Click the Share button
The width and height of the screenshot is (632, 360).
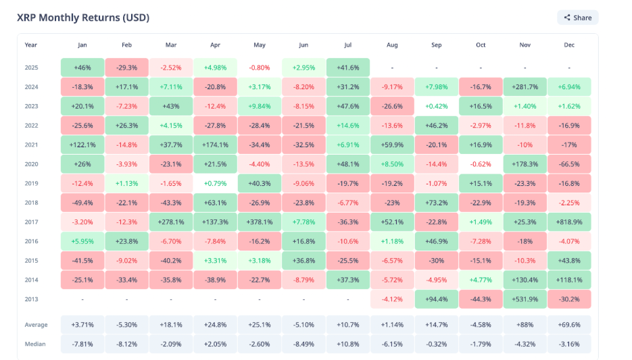(578, 18)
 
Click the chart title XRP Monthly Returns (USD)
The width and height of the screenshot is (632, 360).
(83, 18)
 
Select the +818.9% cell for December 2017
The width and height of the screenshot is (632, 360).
(568, 222)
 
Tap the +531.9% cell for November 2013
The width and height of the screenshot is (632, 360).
(525, 299)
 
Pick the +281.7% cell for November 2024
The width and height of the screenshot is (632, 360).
(525, 86)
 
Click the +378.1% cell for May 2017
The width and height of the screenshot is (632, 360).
(260, 222)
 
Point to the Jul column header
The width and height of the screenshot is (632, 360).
(348, 45)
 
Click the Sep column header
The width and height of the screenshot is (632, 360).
(436, 45)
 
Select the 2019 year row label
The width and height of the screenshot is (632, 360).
(31, 183)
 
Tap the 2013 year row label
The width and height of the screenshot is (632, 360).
(31, 299)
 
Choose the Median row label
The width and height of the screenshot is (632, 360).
(35, 344)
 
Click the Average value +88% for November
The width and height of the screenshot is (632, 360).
(525, 325)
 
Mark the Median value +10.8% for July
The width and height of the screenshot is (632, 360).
(348, 344)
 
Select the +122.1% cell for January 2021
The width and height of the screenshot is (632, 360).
(82, 145)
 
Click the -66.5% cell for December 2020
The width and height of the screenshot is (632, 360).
(568, 164)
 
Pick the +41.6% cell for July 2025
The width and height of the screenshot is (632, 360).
(348, 68)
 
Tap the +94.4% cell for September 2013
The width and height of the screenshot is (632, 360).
(436, 299)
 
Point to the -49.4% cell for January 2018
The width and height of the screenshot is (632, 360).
(82, 203)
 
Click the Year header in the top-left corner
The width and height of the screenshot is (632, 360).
(31, 45)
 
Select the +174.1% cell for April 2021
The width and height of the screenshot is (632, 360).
(215, 145)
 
